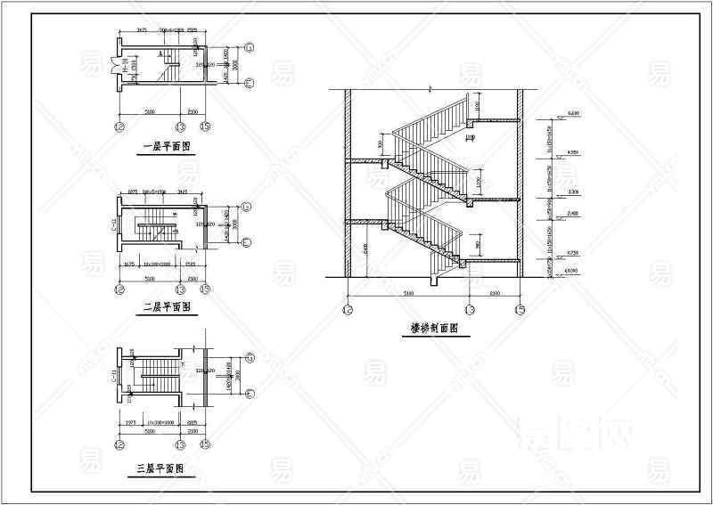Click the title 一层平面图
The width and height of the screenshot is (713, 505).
click(x=166, y=149)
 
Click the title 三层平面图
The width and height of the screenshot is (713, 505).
click(x=160, y=468)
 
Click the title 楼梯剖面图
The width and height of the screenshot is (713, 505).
click(x=434, y=328)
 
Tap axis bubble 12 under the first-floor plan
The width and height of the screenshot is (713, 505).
click(x=119, y=127)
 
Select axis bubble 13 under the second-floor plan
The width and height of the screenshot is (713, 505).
click(x=181, y=289)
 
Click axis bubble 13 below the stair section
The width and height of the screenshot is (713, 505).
click(x=471, y=310)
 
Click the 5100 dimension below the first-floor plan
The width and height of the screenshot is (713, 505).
click(x=150, y=110)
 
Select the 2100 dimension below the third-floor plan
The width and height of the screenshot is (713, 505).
click(x=193, y=429)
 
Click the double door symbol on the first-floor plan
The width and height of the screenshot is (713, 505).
click(x=114, y=64)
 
